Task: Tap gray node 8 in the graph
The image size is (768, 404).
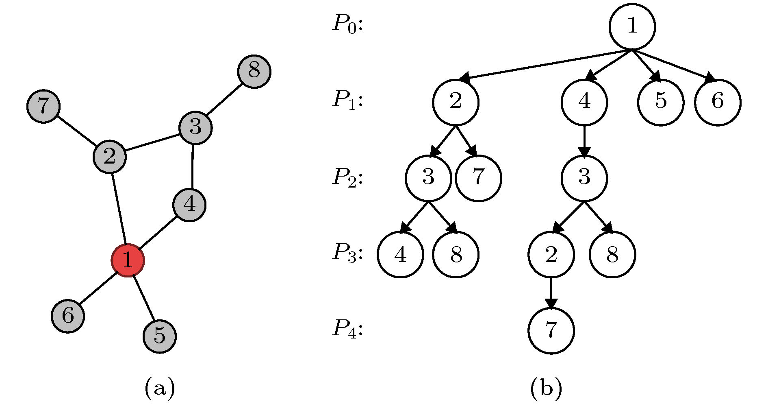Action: pos(254,71)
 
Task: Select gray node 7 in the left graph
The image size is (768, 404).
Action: pos(43,106)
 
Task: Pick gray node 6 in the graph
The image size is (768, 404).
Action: pos(68,316)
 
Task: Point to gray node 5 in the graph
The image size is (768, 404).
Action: pos(160,336)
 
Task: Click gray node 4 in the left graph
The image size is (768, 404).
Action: pos(189,205)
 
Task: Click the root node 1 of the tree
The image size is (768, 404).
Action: pos(632,26)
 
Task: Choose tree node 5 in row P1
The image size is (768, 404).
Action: pos(661,102)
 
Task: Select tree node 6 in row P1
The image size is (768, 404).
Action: pos(718,102)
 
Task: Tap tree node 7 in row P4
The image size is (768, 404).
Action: pos(551,331)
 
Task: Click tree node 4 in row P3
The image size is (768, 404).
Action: pos(400,255)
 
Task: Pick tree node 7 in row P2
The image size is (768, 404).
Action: pos(478,178)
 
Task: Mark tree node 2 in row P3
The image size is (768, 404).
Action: pos(551,255)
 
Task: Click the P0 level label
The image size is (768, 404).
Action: pos(347,24)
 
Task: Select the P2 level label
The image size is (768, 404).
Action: pos(347,177)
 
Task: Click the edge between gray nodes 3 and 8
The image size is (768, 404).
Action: pos(225,100)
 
